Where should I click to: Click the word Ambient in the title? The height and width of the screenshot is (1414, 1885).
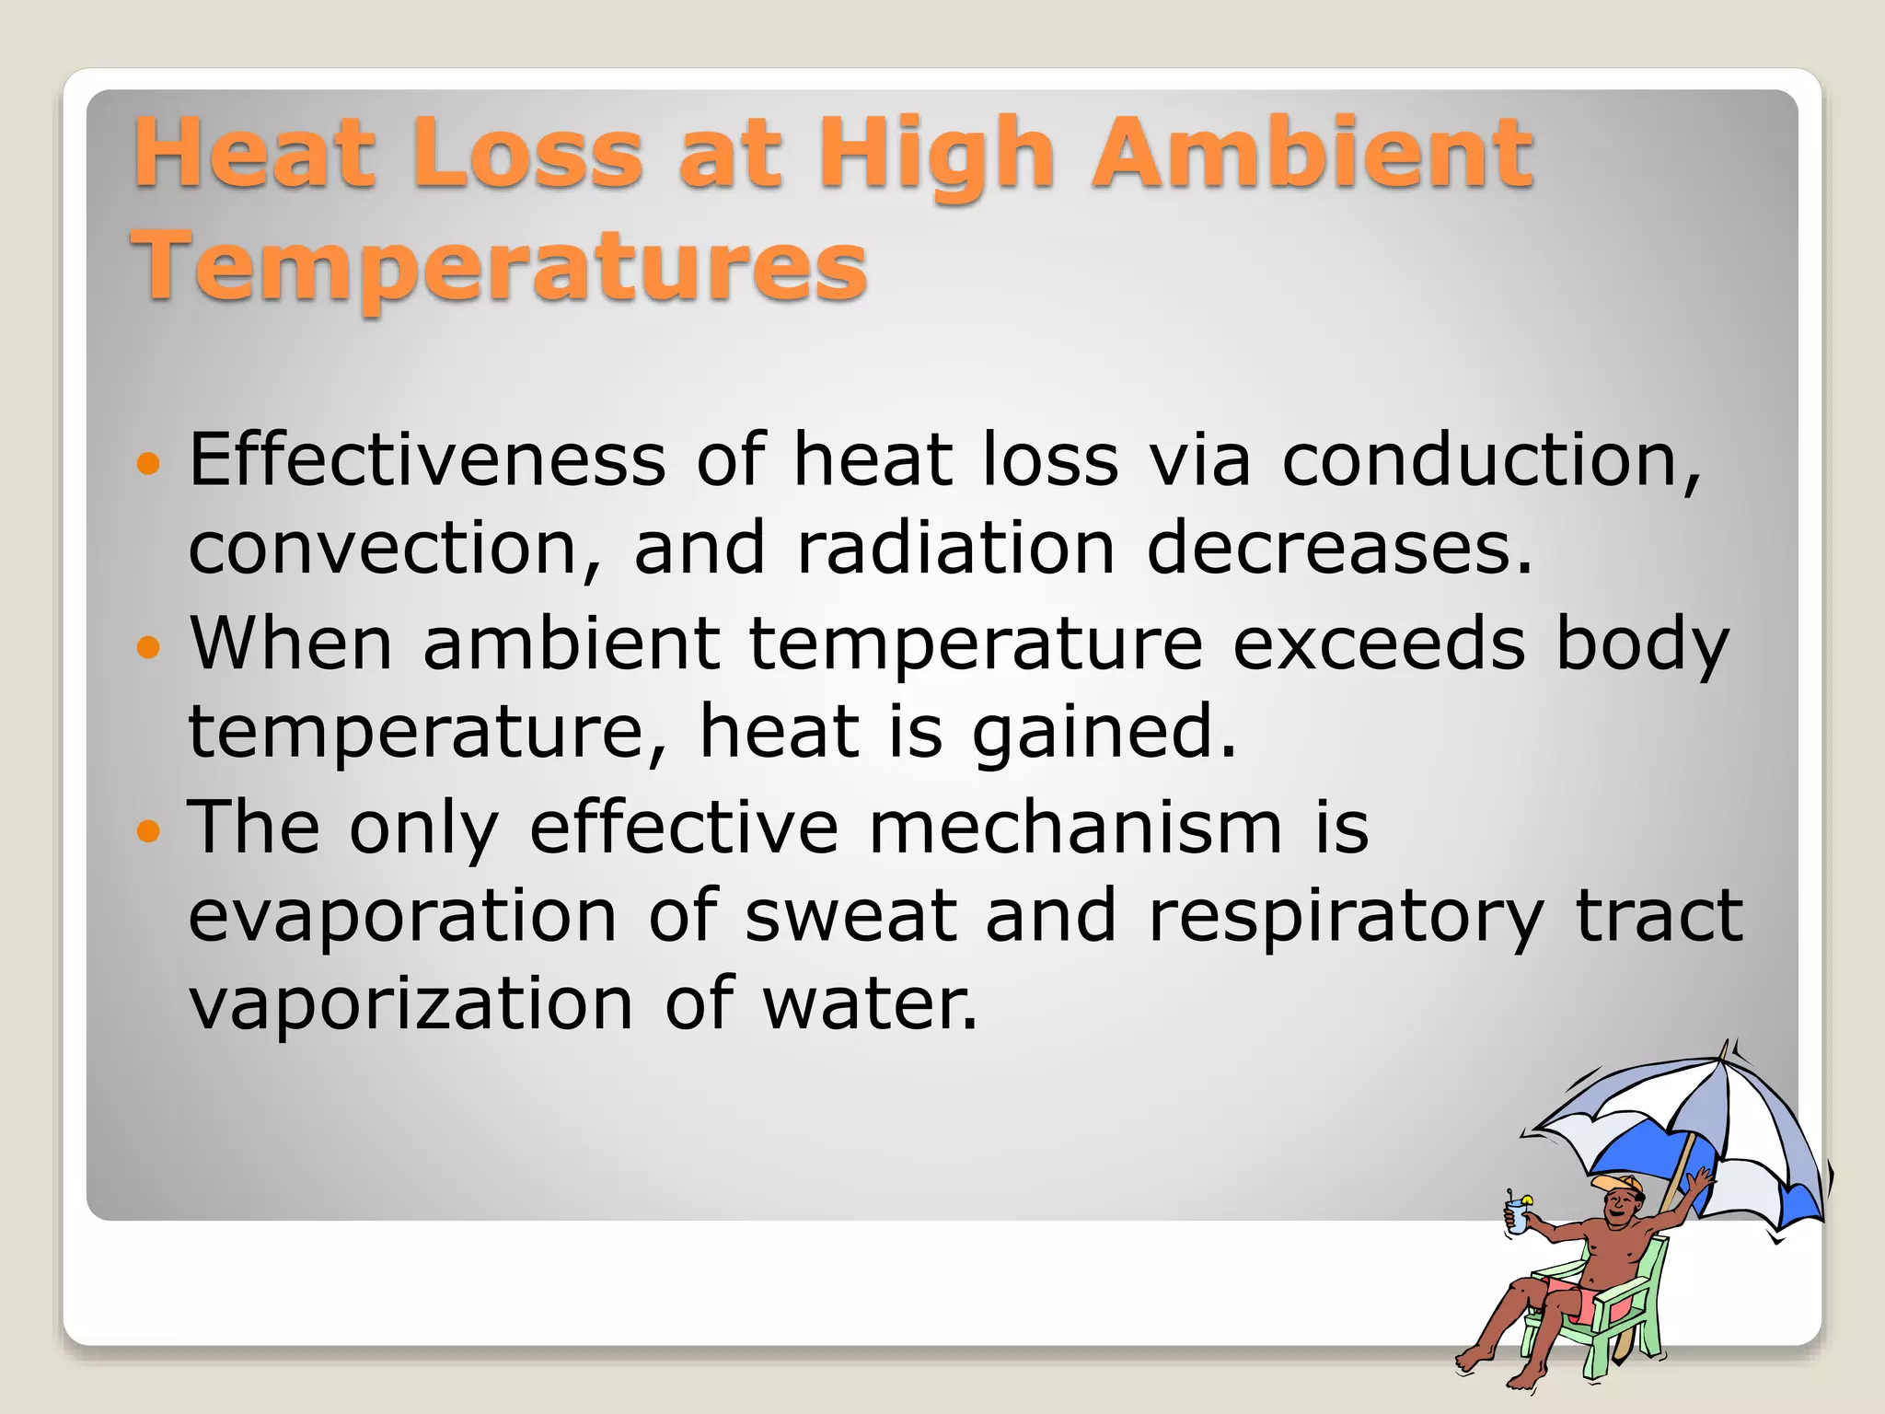click(x=1312, y=154)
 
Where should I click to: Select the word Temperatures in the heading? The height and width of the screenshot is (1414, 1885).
click(x=499, y=266)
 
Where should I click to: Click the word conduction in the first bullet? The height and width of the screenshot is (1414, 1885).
click(x=1491, y=460)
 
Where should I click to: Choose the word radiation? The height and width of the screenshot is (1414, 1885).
click(x=956, y=549)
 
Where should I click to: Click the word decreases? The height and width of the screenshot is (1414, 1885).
click(x=1339, y=549)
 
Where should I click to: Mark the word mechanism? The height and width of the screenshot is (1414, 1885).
click(x=1075, y=827)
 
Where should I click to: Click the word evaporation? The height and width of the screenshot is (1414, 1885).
click(x=402, y=917)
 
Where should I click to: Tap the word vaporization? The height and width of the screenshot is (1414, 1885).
click(x=411, y=1003)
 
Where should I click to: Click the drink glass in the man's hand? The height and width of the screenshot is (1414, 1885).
click(x=1516, y=1218)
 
